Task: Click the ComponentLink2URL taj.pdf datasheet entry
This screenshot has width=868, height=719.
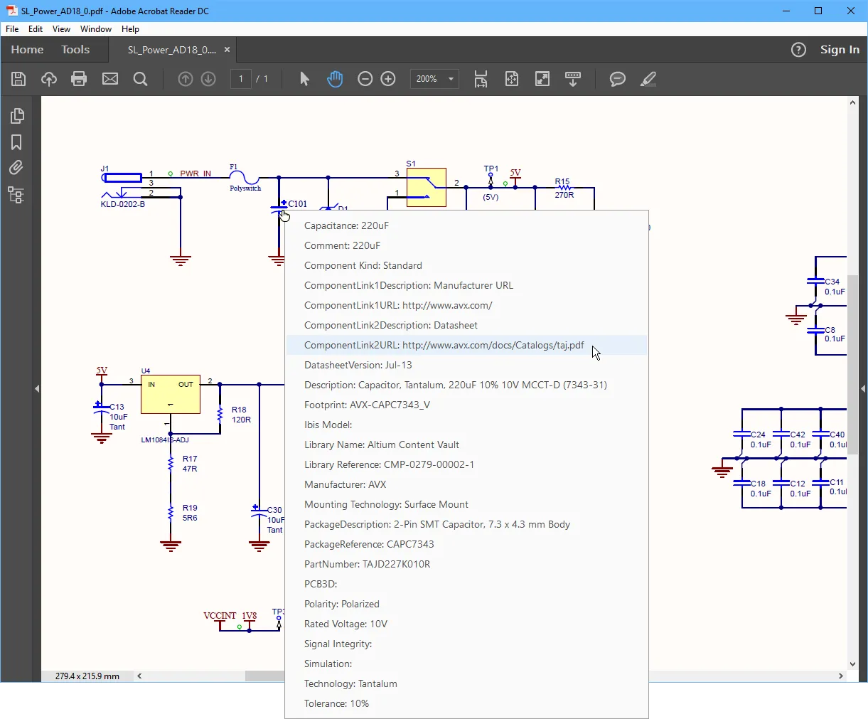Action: click(x=444, y=345)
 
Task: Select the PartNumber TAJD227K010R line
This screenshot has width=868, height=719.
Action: click(x=367, y=564)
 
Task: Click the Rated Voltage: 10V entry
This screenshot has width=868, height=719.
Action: click(x=345, y=624)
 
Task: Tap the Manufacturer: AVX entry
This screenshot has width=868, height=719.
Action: click(x=345, y=484)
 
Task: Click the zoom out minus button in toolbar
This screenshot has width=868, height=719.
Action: click(x=365, y=79)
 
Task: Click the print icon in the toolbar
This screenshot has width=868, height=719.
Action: click(x=79, y=79)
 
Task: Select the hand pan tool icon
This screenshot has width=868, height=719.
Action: click(x=335, y=79)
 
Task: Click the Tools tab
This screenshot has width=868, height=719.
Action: click(x=75, y=50)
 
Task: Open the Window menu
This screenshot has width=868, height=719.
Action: click(x=95, y=29)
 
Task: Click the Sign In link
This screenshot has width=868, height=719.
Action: click(x=840, y=50)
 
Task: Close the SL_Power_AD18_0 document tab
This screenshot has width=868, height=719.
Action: click(x=227, y=50)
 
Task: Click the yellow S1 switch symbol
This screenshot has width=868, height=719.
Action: click(x=426, y=187)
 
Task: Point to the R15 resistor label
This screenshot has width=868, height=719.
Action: click(x=562, y=181)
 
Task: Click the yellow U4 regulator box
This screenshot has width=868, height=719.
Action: click(x=171, y=394)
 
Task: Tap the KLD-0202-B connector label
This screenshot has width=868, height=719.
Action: click(x=123, y=204)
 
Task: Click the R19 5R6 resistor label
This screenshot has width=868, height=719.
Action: click(x=190, y=513)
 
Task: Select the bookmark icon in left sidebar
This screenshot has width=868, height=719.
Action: click(x=16, y=142)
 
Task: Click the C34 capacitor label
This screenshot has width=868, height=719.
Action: click(x=832, y=282)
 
